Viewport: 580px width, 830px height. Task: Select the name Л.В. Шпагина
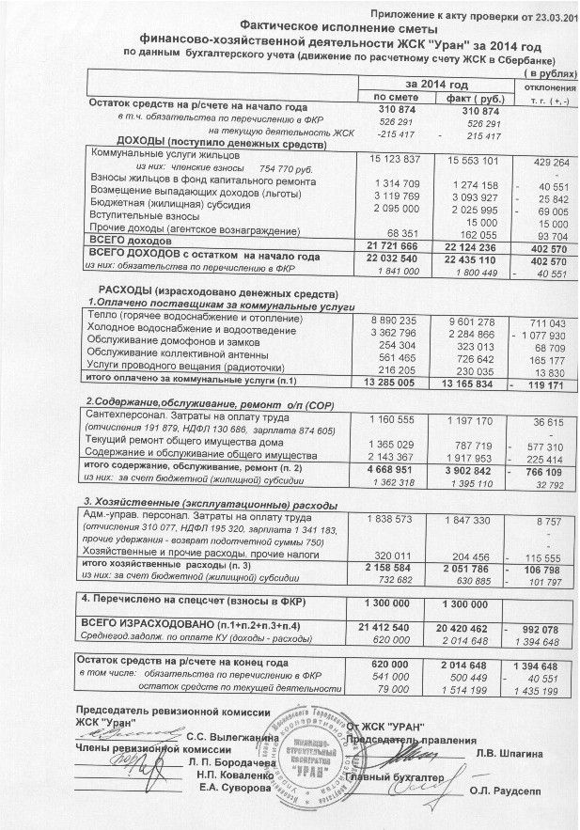coord(509,753)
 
